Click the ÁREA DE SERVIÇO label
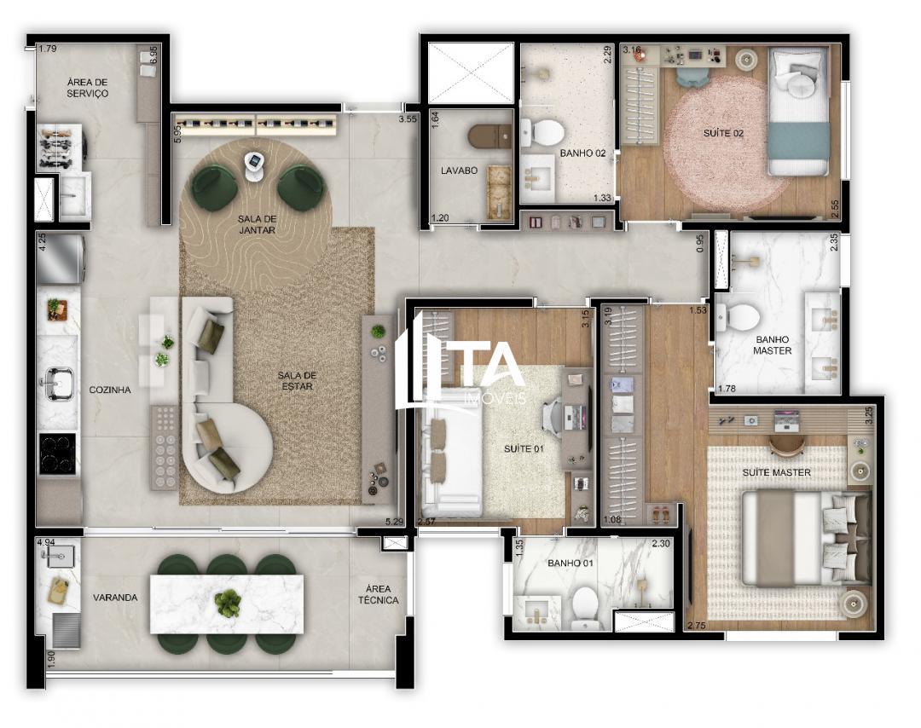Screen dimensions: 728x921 tap(88, 88)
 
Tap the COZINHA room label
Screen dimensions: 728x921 tap(110, 390)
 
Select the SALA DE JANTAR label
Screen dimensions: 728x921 tap(256, 224)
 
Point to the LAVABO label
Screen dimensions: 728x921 tap(458, 170)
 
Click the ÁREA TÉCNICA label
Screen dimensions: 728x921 tap(378, 594)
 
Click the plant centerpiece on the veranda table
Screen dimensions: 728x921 tap(228, 604)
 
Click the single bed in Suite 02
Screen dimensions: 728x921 tap(800, 111)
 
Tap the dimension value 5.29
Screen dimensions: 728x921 tap(394, 522)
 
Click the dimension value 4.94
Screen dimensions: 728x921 tap(43, 541)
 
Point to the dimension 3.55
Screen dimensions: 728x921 tap(407, 119)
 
